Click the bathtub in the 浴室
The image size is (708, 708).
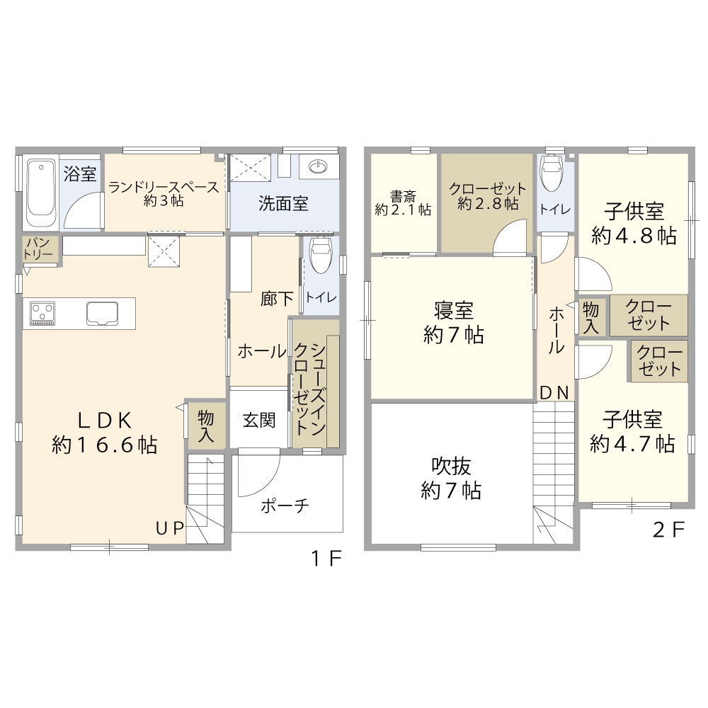[x=41, y=193]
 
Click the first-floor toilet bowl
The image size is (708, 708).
[x=321, y=255]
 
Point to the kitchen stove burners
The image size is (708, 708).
[x=42, y=313]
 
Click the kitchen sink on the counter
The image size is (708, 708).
[x=103, y=313]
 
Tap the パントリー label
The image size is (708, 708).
[x=38, y=249]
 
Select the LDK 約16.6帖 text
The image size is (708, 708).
[x=104, y=433]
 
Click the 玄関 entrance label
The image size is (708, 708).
[x=259, y=420]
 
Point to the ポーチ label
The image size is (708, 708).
[x=285, y=506]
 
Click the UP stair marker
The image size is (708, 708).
[x=170, y=528]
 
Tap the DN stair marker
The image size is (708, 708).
[x=554, y=393]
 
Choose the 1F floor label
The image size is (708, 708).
[x=326, y=559]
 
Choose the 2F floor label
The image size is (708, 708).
[x=669, y=530]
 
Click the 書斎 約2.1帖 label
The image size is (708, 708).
[x=403, y=203]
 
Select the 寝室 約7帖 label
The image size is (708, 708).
[x=453, y=323]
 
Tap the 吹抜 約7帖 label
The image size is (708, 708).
[x=451, y=478]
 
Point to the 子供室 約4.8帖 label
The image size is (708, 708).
[x=634, y=224]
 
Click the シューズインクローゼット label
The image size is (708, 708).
[x=310, y=388]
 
